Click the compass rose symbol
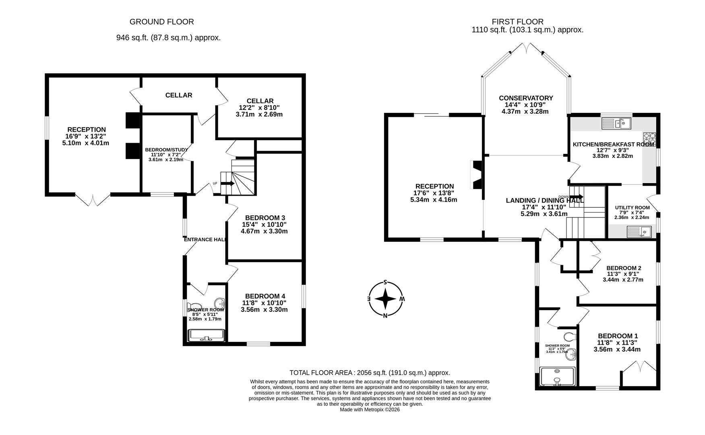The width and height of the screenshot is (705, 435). (x=385, y=299)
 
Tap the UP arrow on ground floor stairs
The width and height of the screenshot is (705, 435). (x=227, y=184)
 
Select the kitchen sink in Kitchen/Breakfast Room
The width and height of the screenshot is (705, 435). (x=616, y=123)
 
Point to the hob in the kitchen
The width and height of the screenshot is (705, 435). (x=649, y=139)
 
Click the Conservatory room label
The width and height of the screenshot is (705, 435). (x=525, y=98)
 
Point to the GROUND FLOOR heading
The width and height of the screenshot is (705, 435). (x=161, y=22)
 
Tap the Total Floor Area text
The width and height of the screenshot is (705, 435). (x=369, y=373)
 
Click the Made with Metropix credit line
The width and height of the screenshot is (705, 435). (x=369, y=410)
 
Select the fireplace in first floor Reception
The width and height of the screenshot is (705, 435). (x=477, y=175)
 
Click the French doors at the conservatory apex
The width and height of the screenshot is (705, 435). (x=526, y=49)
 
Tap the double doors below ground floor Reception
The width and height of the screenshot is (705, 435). (x=93, y=199)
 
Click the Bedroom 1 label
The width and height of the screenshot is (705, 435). (x=618, y=336)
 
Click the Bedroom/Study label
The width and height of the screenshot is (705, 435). (x=166, y=150)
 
